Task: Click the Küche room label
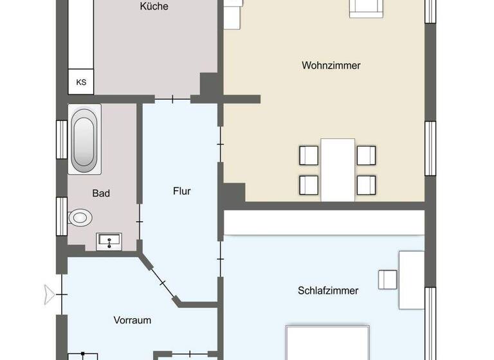[154, 6]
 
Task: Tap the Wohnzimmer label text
[331, 66]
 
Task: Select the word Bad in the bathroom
[101, 193]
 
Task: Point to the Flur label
[182, 191]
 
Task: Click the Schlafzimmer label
[328, 291]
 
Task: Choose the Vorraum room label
[133, 320]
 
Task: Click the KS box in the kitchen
[81, 82]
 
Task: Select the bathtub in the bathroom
[86, 140]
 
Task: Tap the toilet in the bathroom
[80, 217]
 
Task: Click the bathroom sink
[109, 242]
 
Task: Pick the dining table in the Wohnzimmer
[338, 170]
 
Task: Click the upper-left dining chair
[309, 155]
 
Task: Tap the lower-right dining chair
[366, 185]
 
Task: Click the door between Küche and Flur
[172, 99]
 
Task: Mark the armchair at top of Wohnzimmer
[367, 8]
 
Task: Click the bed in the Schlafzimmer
[328, 344]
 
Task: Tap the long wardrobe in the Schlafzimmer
[324, 222]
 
